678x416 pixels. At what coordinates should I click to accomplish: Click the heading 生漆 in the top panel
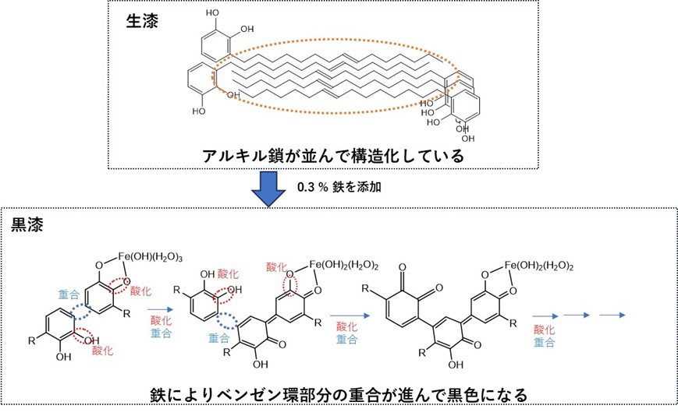[142, 21]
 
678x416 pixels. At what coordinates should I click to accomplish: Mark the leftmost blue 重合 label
[67, 296]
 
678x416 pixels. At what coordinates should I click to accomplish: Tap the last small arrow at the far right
[613, 316]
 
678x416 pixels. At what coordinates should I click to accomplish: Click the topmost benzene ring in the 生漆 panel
[215, 43]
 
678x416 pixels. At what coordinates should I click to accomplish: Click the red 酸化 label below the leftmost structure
[102, 351]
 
